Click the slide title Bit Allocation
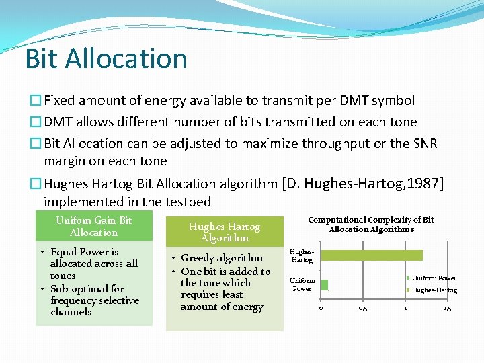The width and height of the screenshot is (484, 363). pyautogui.click(x=106, y=58)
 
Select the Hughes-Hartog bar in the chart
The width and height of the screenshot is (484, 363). pyautogui.click(x=371, y=255)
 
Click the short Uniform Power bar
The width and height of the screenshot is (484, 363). pyautogui.click(x=324, y=284)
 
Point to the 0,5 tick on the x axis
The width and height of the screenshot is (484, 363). pyautogui.click(x=362, y=308)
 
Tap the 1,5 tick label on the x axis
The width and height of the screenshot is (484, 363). pyautogui.click(x=447, y=308)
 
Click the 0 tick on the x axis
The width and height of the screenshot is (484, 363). pyautogui.click(x=321, y=308)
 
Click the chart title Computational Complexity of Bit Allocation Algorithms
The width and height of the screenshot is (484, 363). pyautogui.click(x=370, y=225)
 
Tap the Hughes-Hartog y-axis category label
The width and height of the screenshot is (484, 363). pyautogui.click(x=302, y=255)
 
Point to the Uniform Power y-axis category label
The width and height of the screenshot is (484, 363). pyautogui.click(x=302, y=284)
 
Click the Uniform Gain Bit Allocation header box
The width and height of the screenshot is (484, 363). pyautogui.click(x=94, y=227)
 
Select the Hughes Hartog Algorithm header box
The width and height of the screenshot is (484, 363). pyautogui.click(x=225, y=232)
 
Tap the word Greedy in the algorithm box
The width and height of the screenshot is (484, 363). pyautogui.click(x=198, y=259)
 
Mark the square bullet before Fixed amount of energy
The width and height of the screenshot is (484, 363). pyautogui.click(x=35, y=101)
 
